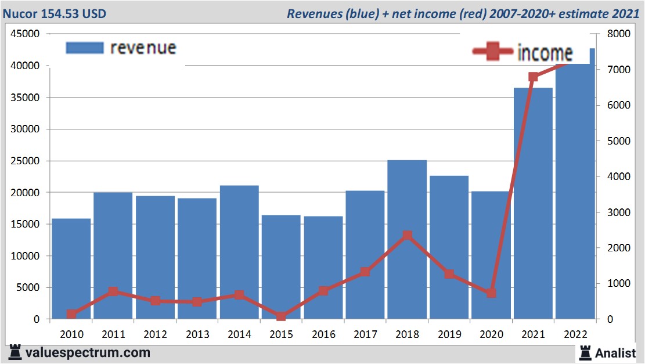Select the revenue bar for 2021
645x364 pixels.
[533, 203]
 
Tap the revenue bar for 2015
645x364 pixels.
[281, 267]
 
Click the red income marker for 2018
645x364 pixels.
[407, 235]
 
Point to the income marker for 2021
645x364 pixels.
[533, 77]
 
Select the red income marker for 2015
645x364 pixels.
[281, 316]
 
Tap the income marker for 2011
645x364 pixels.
[113, 291]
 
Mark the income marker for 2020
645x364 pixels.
[491, 293]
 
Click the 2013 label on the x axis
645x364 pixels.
[197, 334]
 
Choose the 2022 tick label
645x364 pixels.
[575, 334]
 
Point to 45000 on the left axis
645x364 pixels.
[25, 34]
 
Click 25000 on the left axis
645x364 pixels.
[25, 161]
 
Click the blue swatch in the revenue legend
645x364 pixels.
[85, 48]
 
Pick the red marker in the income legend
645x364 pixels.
[493, 52]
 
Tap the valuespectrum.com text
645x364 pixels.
[87, 352]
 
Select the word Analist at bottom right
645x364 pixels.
[616, 352]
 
